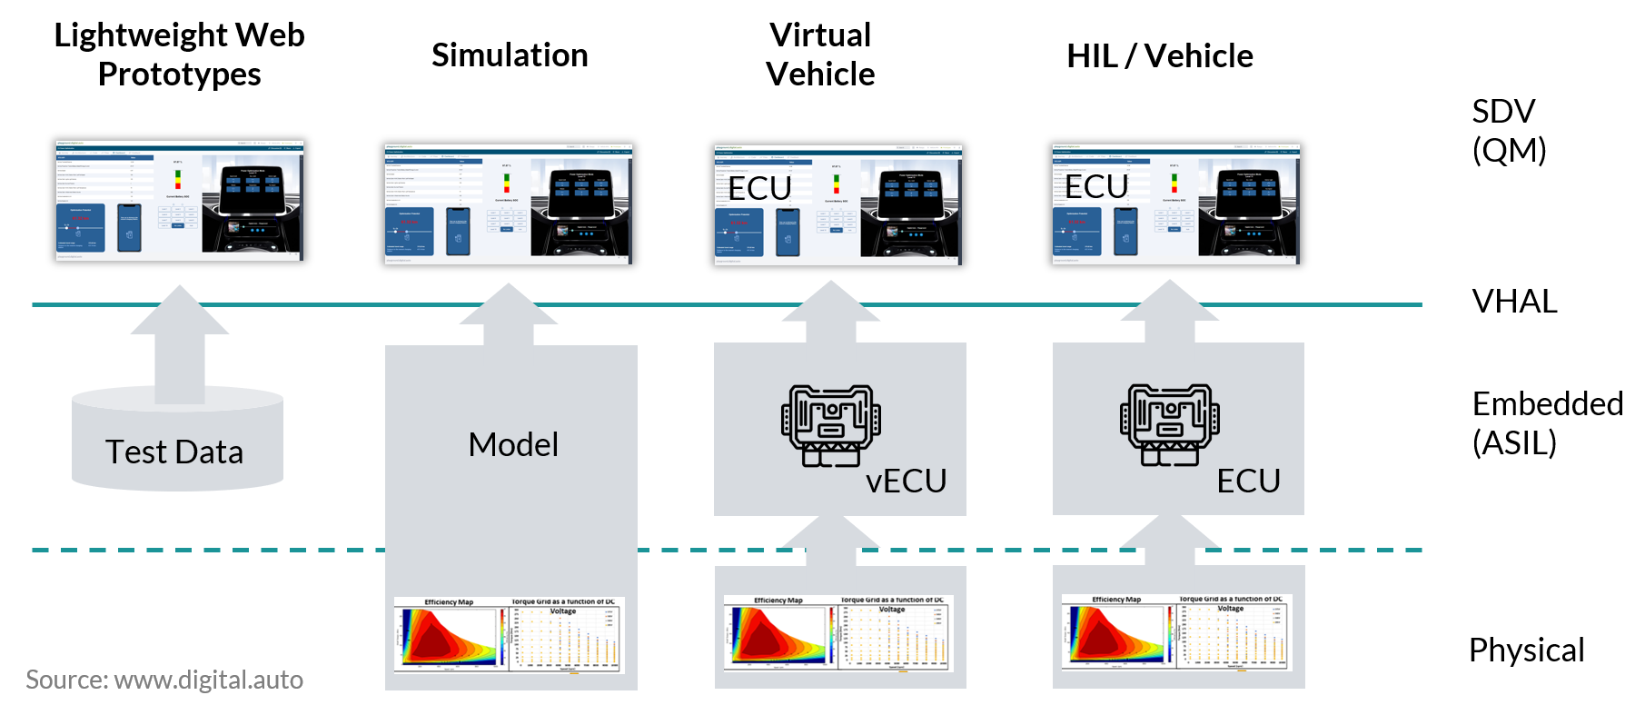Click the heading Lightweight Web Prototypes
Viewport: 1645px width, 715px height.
click(179, 55)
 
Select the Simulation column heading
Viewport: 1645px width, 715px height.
click(510, 55)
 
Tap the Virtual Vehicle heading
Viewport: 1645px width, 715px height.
click(820, 55)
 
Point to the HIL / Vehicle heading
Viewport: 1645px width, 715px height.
click(1160, 56)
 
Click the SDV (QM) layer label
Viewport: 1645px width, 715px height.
click(1508, 131)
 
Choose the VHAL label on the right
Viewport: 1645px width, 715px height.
click(1514, 302)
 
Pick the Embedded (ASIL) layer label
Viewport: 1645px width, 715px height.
click(1546, 423)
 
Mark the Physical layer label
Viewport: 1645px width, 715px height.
click(1526, 650)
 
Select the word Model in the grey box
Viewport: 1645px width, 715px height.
click(513, 445)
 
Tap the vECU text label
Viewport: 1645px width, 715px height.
click(906, 481)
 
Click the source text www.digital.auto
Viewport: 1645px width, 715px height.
click(164, 680)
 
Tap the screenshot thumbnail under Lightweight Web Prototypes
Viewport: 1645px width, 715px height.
click(179, 201)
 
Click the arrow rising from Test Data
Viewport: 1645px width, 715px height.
click(180, 345)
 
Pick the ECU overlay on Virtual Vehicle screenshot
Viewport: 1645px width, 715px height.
click(760, 188)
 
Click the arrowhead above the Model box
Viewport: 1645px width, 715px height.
click(509, 307)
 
